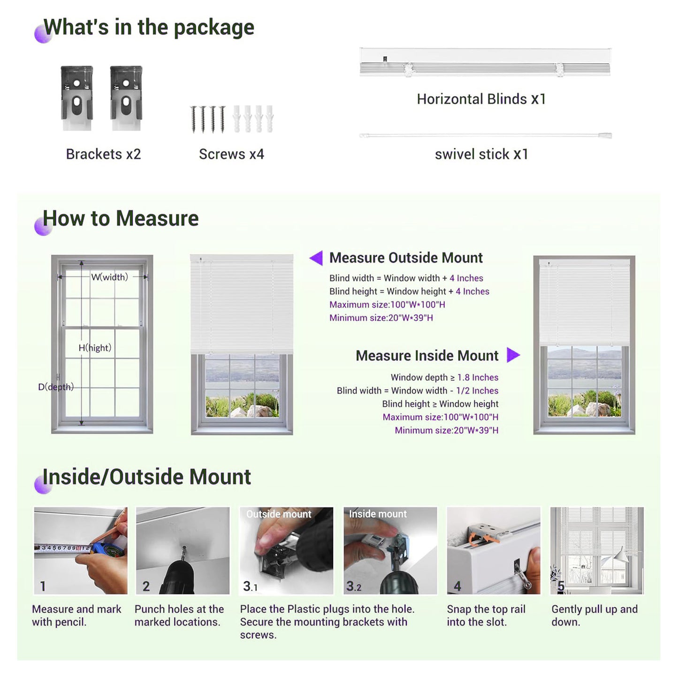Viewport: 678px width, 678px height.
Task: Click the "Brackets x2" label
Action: (103, 154)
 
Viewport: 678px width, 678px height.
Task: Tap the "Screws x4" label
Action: (231, 154)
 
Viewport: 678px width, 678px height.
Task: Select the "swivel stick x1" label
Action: (481, 154)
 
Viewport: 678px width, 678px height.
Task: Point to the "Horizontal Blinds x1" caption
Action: (481, 99)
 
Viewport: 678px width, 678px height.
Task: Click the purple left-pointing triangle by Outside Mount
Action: (317, 258)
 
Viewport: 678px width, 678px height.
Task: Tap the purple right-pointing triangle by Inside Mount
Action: (513, 355)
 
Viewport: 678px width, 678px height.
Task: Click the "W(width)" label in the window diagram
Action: (109, 277)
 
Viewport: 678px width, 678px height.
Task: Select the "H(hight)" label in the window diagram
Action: (95, 348)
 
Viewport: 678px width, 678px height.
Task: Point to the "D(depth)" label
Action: (56, 387)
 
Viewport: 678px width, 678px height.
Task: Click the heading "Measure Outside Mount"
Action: (406, 258)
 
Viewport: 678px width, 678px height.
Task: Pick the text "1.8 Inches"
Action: (478, 378)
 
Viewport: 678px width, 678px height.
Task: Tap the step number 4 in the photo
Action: (457, 586)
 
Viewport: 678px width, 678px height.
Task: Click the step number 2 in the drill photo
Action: (146, 586)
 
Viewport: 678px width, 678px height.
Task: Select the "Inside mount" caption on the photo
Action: (378, 514)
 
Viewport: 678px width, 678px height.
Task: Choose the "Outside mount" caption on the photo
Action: (279, 514)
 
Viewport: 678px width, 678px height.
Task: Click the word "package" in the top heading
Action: (214, 28)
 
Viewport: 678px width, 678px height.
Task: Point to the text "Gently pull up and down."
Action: (594, 616)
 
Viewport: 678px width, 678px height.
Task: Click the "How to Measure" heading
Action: (121, 218)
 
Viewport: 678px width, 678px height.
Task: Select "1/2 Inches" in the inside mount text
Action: (477, 390)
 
